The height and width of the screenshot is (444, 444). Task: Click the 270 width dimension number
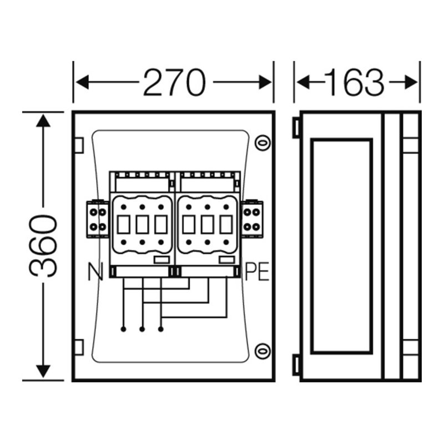coord(174,82)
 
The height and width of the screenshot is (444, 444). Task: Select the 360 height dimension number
coord(43,245)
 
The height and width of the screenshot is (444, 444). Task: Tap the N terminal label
coord(95,272)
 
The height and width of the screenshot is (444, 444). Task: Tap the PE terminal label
coord(257,272)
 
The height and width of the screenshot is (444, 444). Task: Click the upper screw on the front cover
coord(263,143)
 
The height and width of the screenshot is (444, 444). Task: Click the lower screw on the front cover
coord(263,351)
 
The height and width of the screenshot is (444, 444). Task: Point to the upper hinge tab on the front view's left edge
coord(79,145)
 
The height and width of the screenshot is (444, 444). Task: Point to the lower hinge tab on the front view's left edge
coord(79,347)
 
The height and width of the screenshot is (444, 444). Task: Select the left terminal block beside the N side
coord(98,219)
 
